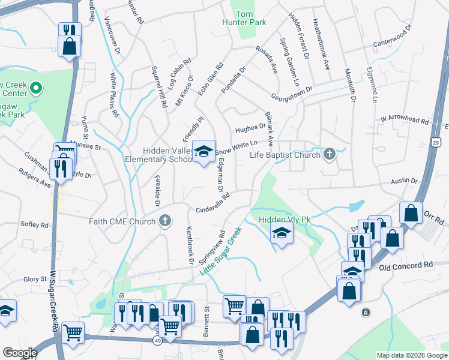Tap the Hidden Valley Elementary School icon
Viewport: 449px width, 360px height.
tap(204, 151)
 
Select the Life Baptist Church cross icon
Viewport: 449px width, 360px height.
tap(329, 155)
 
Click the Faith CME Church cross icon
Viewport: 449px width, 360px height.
tap(165, 221)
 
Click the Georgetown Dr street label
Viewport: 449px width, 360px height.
tap(292, 92)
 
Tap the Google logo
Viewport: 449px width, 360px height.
tap(19, 353)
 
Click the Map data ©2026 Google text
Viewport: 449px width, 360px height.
tap(411, 355)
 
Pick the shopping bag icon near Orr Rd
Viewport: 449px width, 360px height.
tap(411, 213)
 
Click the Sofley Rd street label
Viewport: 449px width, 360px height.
tap(35, 225)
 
